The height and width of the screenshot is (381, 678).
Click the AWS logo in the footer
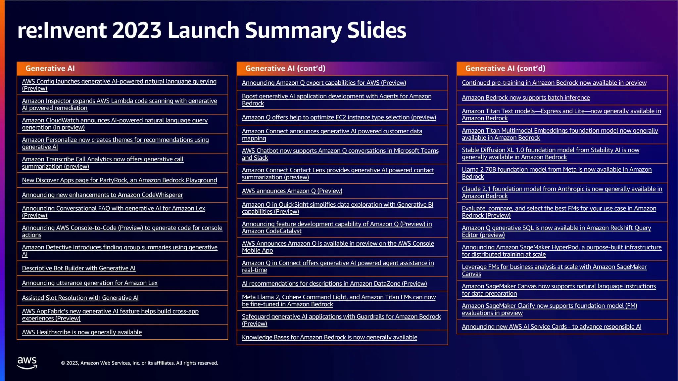27,363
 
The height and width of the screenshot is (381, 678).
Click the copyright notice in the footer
139,363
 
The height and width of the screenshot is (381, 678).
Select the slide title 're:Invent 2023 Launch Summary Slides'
212,30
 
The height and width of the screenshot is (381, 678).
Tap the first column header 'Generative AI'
50,68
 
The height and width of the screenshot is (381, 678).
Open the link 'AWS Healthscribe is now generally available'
82,332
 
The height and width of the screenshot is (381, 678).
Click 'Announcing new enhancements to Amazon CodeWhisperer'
102,195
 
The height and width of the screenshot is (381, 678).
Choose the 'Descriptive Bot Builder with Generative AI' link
79,268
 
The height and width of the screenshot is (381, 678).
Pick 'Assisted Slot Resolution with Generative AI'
80,298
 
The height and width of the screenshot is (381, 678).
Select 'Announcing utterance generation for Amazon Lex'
90,283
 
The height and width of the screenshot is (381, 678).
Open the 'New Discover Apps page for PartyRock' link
120,180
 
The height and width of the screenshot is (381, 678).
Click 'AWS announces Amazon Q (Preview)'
292,191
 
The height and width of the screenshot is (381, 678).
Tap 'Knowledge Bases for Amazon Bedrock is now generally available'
329,337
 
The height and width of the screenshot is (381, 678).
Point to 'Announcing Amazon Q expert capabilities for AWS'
324,83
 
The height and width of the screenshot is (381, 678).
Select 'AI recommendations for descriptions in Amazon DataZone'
334,283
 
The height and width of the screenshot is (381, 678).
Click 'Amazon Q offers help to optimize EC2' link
339,117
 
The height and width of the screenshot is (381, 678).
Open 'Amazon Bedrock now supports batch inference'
526,98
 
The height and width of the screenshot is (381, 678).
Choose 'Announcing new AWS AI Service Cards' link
552,327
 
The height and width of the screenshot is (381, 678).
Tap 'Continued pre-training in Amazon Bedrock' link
554,83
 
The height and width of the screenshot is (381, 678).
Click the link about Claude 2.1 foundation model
562,189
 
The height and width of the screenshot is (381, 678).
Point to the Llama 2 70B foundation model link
557,170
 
